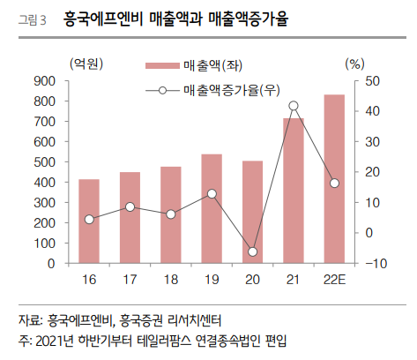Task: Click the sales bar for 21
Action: click(x=294, y=191)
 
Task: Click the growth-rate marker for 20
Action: click(x=252, y=251)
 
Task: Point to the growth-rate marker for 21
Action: click(x=294, y=106)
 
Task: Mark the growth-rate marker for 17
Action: click(x=130, y=206)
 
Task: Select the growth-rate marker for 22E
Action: click(x=334, y=183)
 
